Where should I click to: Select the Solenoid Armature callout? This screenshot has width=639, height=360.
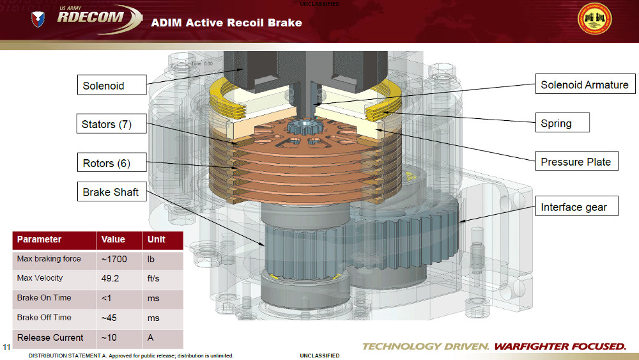click(x=584, y=84)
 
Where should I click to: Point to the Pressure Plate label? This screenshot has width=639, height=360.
click(x=576, y=162)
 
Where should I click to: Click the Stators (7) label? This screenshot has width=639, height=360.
click(x=107, y=124)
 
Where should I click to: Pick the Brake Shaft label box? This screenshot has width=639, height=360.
click(x=111, y=192)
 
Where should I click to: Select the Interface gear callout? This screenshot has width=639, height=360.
click(x=573, y=207)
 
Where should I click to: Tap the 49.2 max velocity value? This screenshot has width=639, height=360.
click(x=111, y=278)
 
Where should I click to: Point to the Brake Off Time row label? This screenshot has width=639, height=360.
click(x=44, y=317)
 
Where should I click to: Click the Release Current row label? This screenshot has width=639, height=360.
click(x=50, y=338)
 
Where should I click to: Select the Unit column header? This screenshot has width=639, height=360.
click(x=157, y=239)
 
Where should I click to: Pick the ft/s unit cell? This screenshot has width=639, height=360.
click(x=154, y=278)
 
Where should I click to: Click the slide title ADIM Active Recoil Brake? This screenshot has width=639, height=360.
click(x=226, y=22)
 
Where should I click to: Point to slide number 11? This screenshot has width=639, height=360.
click(x=7, y=347)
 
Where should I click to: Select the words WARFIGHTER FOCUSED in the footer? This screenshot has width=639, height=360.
click(x=560, y=347)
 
